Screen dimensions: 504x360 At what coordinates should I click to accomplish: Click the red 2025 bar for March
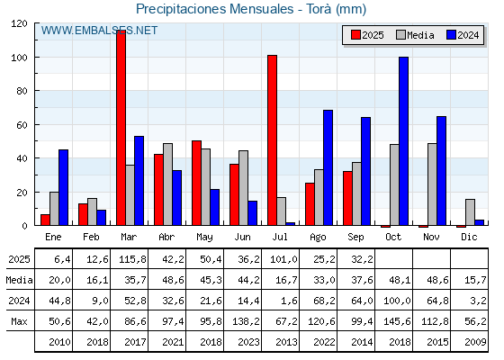[121, 128]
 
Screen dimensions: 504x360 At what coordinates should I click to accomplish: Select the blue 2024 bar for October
[403, 141]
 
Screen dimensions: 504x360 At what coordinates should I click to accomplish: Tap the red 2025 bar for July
[272, 140]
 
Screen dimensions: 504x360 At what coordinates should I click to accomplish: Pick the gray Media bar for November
[432, 184]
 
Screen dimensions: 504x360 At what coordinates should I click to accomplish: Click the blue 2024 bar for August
[328, 167]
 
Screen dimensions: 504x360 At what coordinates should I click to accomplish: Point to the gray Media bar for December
[470, 212]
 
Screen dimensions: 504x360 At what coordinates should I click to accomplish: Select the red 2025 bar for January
[45, 220]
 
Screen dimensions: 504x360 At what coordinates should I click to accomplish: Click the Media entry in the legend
[415, 35]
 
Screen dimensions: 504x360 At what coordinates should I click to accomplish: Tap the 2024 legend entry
[463, 35]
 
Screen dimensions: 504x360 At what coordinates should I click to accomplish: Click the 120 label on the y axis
[19, 23]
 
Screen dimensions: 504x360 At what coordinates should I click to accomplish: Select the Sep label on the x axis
[355, 238]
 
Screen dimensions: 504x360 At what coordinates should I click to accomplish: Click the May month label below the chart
[205, 238]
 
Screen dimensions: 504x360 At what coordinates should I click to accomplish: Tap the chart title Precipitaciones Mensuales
[215, 9]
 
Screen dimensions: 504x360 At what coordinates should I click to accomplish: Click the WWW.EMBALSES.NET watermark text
[99, 31]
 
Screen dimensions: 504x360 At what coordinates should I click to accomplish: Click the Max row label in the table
[19, 321]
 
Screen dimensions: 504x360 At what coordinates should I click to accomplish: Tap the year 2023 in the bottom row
[248, 342]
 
